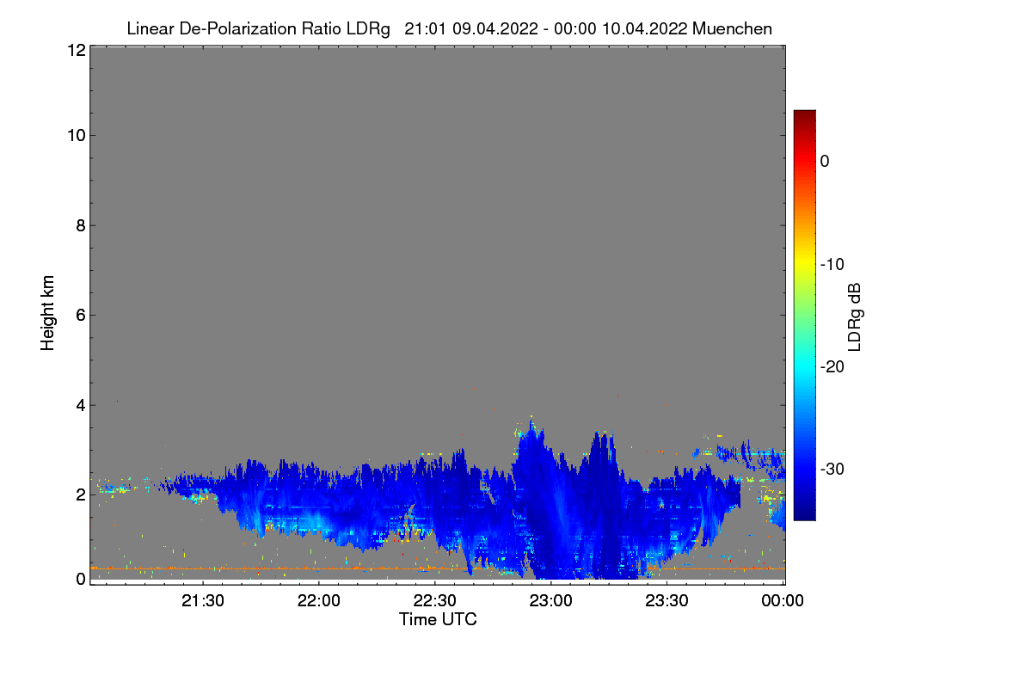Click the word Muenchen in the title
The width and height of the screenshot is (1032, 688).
coord(732,28)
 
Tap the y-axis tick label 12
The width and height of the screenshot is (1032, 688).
coord(75,50)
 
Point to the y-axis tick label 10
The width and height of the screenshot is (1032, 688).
coord(75,135)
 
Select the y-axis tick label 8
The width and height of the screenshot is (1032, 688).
coord(80,225)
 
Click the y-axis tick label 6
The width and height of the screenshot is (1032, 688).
coord(80,315)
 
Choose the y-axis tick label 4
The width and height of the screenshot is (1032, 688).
coord(80,404)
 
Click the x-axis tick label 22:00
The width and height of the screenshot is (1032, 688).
coord(320,601)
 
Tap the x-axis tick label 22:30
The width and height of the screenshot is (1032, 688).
coord(436,601)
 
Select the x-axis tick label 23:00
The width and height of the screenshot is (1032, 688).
coord(551,601)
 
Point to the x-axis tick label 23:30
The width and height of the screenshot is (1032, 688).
coord(667,601)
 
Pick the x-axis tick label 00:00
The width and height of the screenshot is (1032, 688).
coord(783,601)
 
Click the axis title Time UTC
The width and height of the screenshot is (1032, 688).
coord(438,619)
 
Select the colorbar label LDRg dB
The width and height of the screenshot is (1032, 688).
coord(855,315)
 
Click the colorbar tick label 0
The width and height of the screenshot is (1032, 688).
coord(825,161)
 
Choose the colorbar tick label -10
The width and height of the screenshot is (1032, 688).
coord(832,264)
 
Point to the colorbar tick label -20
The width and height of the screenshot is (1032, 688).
coord(832,366)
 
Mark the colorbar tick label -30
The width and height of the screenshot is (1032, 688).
coord(832,470)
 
